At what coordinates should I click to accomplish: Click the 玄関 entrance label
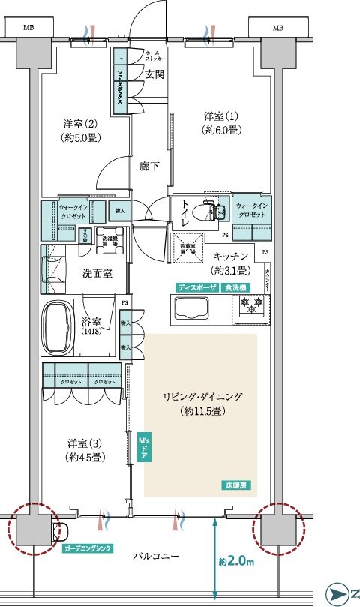click(155, 74)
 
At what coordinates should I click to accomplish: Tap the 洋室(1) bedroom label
click(221, 123)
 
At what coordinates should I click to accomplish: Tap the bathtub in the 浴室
click(64, 329)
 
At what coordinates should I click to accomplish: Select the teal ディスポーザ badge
click(197, 287)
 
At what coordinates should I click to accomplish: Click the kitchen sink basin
click(191, 309)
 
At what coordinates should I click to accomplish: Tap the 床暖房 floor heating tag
click(235, 485)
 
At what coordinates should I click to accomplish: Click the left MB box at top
click(28, 28)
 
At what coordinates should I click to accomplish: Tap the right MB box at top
click(278, 28)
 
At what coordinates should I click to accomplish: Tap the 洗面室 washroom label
click(97, 274)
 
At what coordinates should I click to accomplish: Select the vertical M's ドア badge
click(144, 446)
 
